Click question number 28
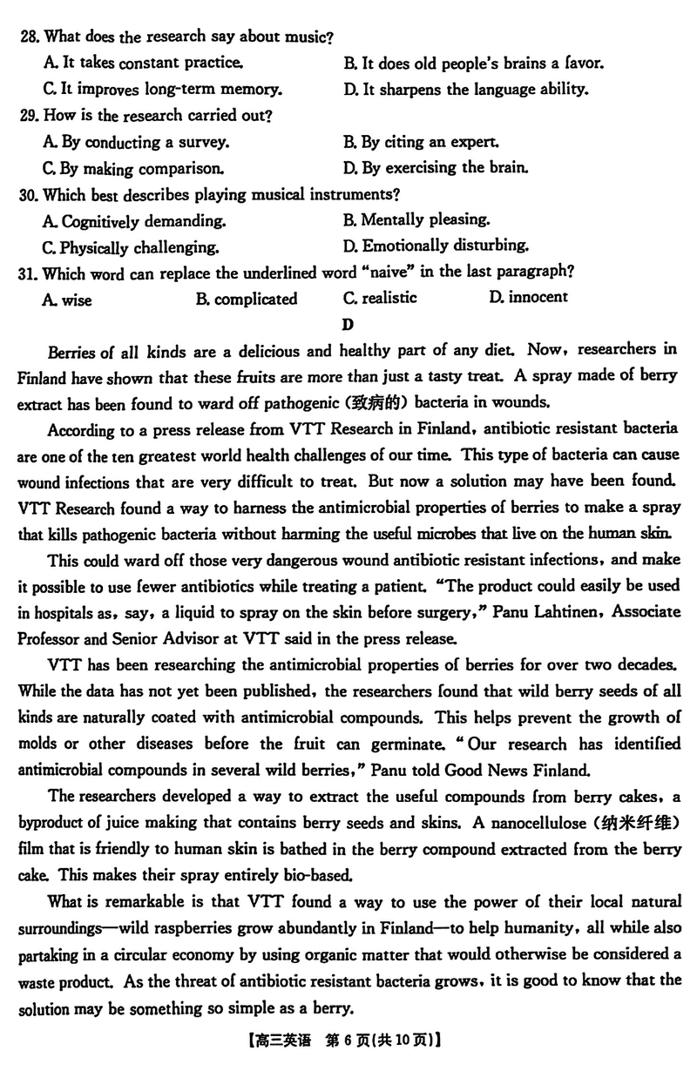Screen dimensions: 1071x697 [x=29, y=37]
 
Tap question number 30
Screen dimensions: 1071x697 [x=29, y=194]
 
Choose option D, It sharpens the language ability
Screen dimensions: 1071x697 [x=466, y=89]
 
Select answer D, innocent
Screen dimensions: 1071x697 [x=528, y=298]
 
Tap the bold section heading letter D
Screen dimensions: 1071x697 [x=348, y=325]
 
